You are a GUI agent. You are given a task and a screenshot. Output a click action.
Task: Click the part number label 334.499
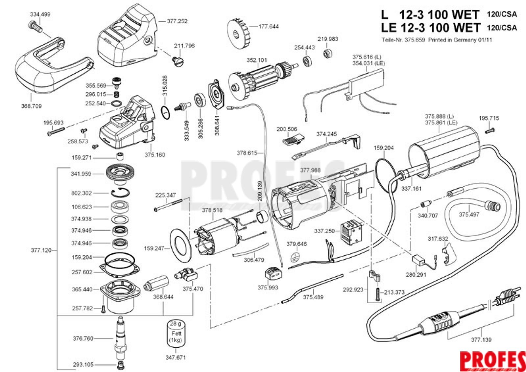click(40, 14)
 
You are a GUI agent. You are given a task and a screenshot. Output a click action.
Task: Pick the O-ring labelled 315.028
click(166, 113)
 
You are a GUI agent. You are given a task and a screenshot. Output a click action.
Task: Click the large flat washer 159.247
click(181, 245)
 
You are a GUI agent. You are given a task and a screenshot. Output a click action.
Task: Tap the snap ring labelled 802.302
click(120, 193)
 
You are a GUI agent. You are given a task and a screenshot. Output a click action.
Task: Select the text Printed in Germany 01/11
click(460, 40)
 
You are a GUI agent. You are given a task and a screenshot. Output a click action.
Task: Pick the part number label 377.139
click(481, 340)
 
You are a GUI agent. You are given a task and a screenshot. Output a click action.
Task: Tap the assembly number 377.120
click(41, 250)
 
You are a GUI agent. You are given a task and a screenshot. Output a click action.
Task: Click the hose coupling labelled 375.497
click(493, 206)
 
